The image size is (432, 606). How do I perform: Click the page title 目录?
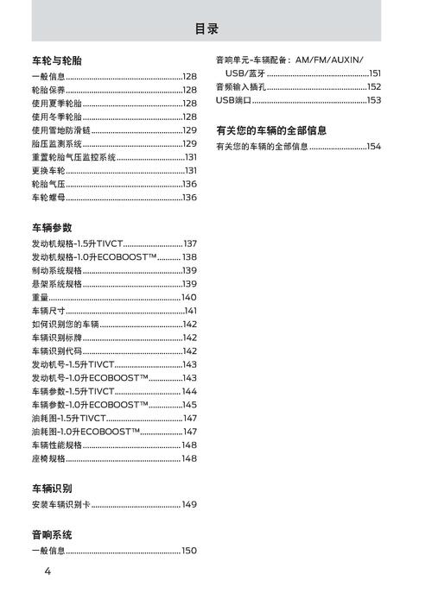click(x=206, y=29)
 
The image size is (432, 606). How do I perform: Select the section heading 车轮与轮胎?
click(x=57, y=60)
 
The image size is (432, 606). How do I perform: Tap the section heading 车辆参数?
click(x=52, y=228)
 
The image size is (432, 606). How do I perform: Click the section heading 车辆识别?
click(x=52, y=489)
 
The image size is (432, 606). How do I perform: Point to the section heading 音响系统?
click(x=52, y=535)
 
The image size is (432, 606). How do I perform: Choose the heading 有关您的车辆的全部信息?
click(x=271, y=130)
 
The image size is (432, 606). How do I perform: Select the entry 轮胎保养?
click(x=48, y=90)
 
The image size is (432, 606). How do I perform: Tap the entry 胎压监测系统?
click(x=57, y=143)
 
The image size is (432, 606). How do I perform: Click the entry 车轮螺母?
click(x=48, y=198)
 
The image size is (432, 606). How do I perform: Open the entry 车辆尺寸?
click(x=48, y=311)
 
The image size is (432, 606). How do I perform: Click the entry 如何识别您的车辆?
click(x=65, y=325)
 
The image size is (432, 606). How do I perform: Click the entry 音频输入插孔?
click(x=241, y=87)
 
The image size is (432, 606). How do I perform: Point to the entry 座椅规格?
click(x=48, y=458)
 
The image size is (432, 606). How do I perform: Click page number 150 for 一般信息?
click(x=189, y=551)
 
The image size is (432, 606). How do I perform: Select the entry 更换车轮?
click(x=48, y=171)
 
